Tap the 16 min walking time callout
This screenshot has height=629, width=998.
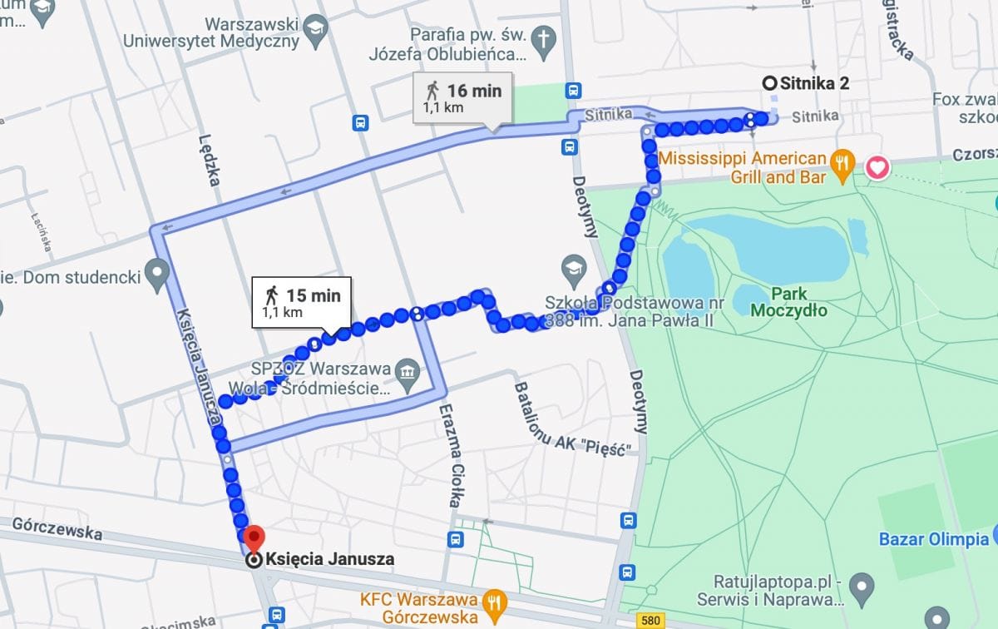coord(464,97)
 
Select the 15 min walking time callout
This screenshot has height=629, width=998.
coord(302,301)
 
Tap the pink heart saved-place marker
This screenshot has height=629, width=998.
coord(877,167)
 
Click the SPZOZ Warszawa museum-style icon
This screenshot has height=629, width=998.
coord(407,367)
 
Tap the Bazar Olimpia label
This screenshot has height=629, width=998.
coord(933,539)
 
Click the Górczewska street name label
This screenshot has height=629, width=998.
coord(57,527)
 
